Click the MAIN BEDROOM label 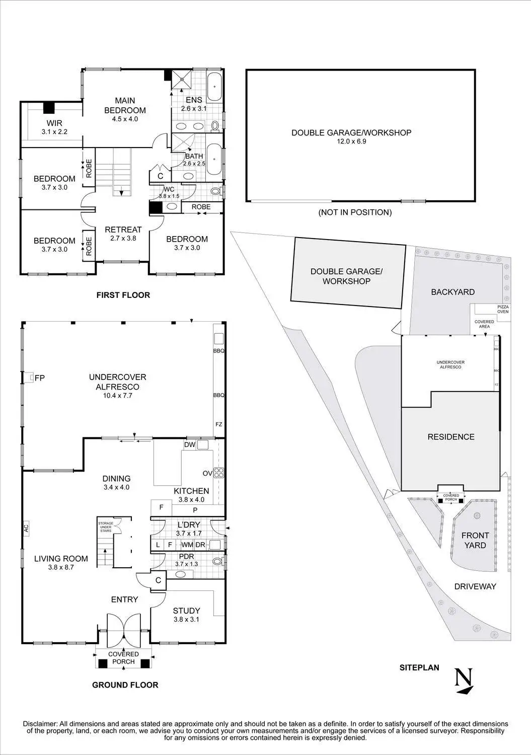click(125, 105)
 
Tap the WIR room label click(54, 123)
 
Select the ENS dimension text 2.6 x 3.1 click(194, 108)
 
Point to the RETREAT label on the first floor click(123, 230)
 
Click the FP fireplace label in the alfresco click(40, 377)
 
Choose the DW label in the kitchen click(190, 445)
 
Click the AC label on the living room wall click(26, 528)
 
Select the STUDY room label click(186, 611)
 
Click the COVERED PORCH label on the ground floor click(124, 657)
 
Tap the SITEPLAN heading click(419, 668)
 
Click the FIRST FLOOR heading click(123, 295)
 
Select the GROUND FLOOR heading click(125, 685)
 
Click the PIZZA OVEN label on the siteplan click(503, 309)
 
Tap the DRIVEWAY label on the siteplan click(475, 586)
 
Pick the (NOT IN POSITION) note click(355, 212)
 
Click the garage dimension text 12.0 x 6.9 click(351, 142)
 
